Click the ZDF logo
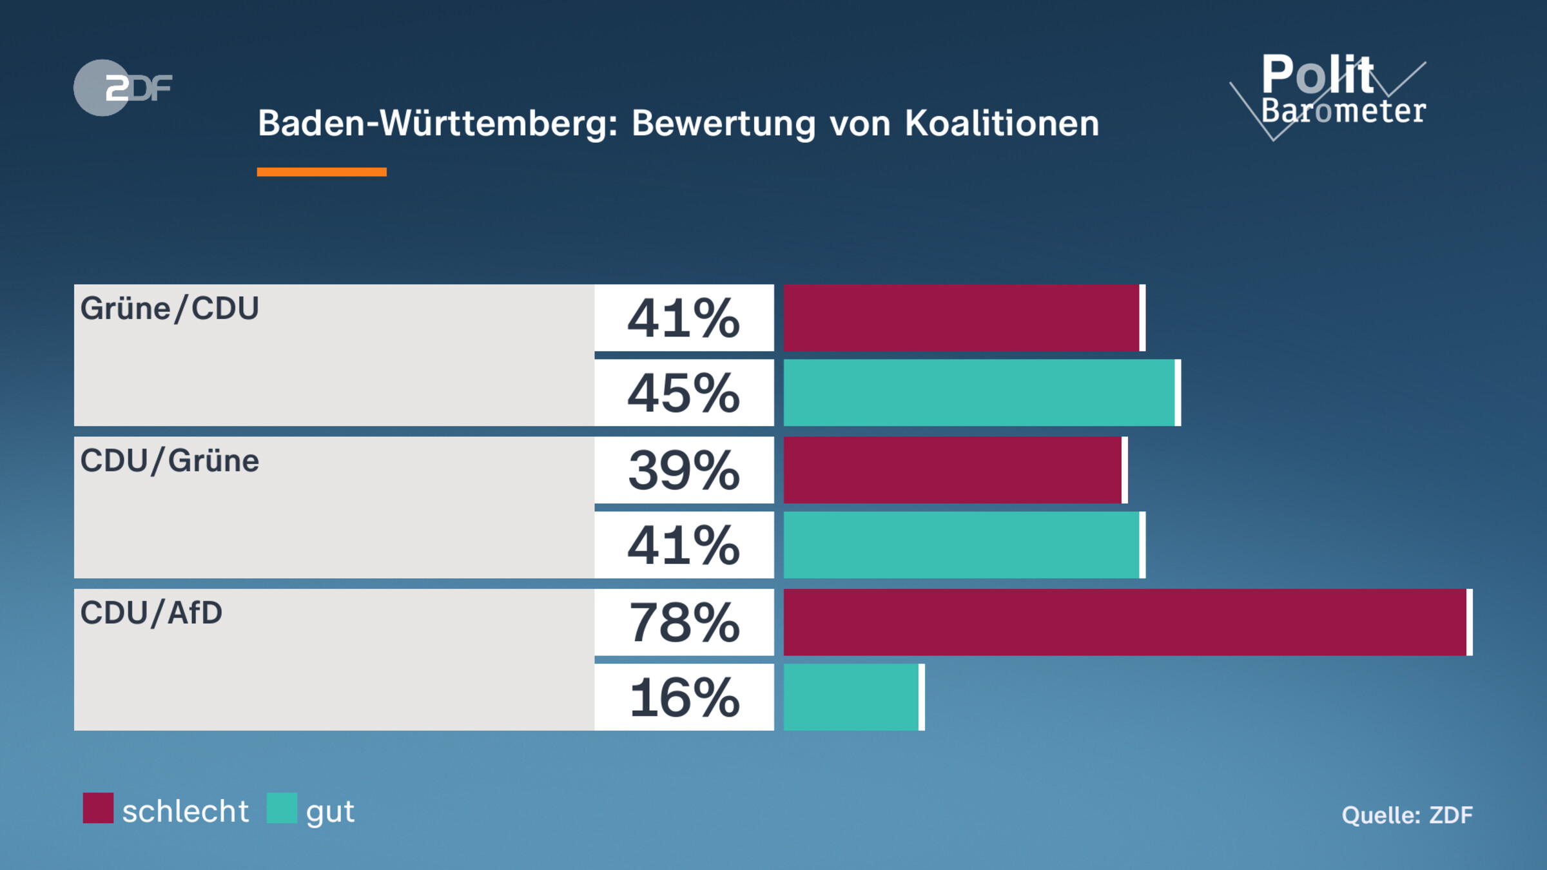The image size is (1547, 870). (122, 88)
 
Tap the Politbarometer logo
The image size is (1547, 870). (1334, 93)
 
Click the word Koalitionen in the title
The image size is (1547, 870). (1002, 123)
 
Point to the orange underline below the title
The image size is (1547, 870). (322, 171)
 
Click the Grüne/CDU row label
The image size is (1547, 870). (170, 309)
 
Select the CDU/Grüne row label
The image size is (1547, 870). (170, 461)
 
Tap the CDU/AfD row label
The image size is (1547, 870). (151, 613)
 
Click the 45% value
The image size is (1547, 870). (684, 393)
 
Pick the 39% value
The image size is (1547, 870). (684, 470)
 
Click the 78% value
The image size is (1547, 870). (684, 623)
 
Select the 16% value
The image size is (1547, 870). (684, 697)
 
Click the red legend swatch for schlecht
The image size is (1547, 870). (98, 808)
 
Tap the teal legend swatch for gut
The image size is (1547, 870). (282, 808)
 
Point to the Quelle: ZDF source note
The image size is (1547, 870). (1407, 815)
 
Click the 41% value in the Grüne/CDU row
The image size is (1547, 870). (684, 318)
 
